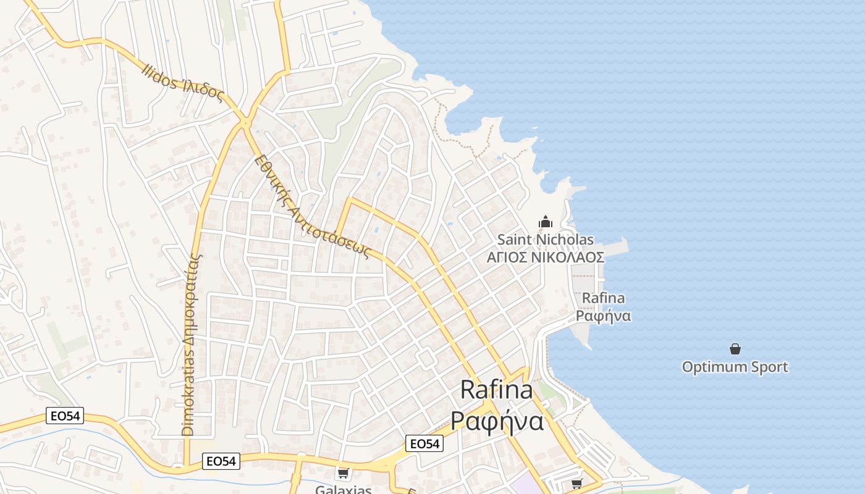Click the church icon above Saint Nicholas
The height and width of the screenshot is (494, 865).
546,222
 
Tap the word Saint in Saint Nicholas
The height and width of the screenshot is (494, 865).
515,240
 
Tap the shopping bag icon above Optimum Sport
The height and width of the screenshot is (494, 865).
735,350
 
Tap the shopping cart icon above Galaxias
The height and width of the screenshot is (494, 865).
343,474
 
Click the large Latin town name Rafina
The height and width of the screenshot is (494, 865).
496,390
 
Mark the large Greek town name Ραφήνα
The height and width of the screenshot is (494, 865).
497,421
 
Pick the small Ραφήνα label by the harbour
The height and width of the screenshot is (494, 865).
603,316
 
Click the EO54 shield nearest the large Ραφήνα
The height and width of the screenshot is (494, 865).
424,443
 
